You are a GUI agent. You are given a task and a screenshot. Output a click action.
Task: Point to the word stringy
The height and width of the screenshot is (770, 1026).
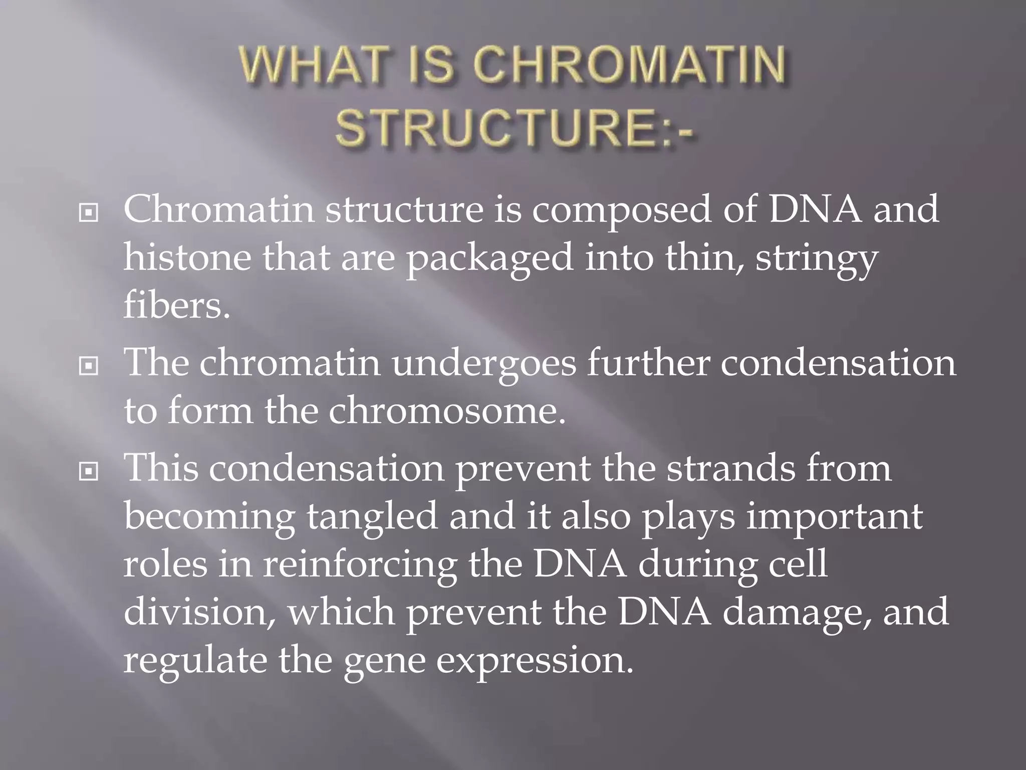(817, 260)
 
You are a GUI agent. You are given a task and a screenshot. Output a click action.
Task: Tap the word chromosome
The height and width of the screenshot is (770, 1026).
(447, 411)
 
